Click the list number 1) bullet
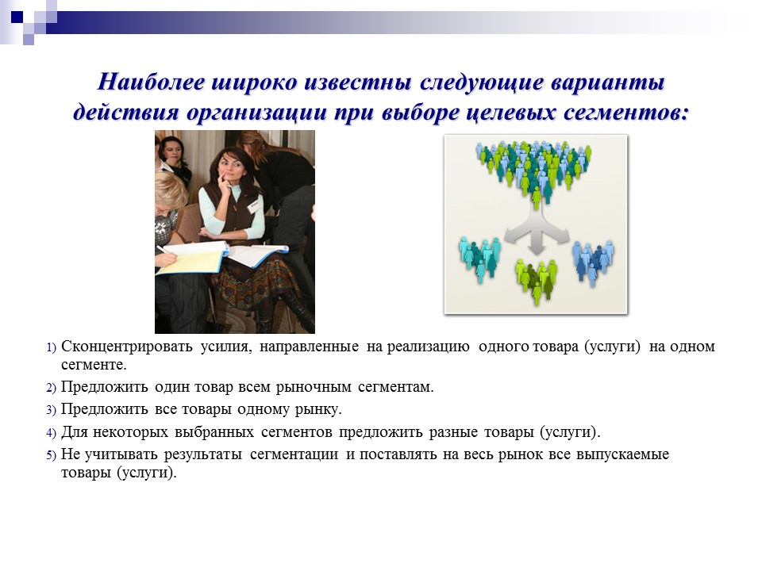tap(51, 347)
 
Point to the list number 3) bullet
tap(51, 410)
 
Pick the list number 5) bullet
tap(51, 455)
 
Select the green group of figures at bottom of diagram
tap(536, 278)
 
